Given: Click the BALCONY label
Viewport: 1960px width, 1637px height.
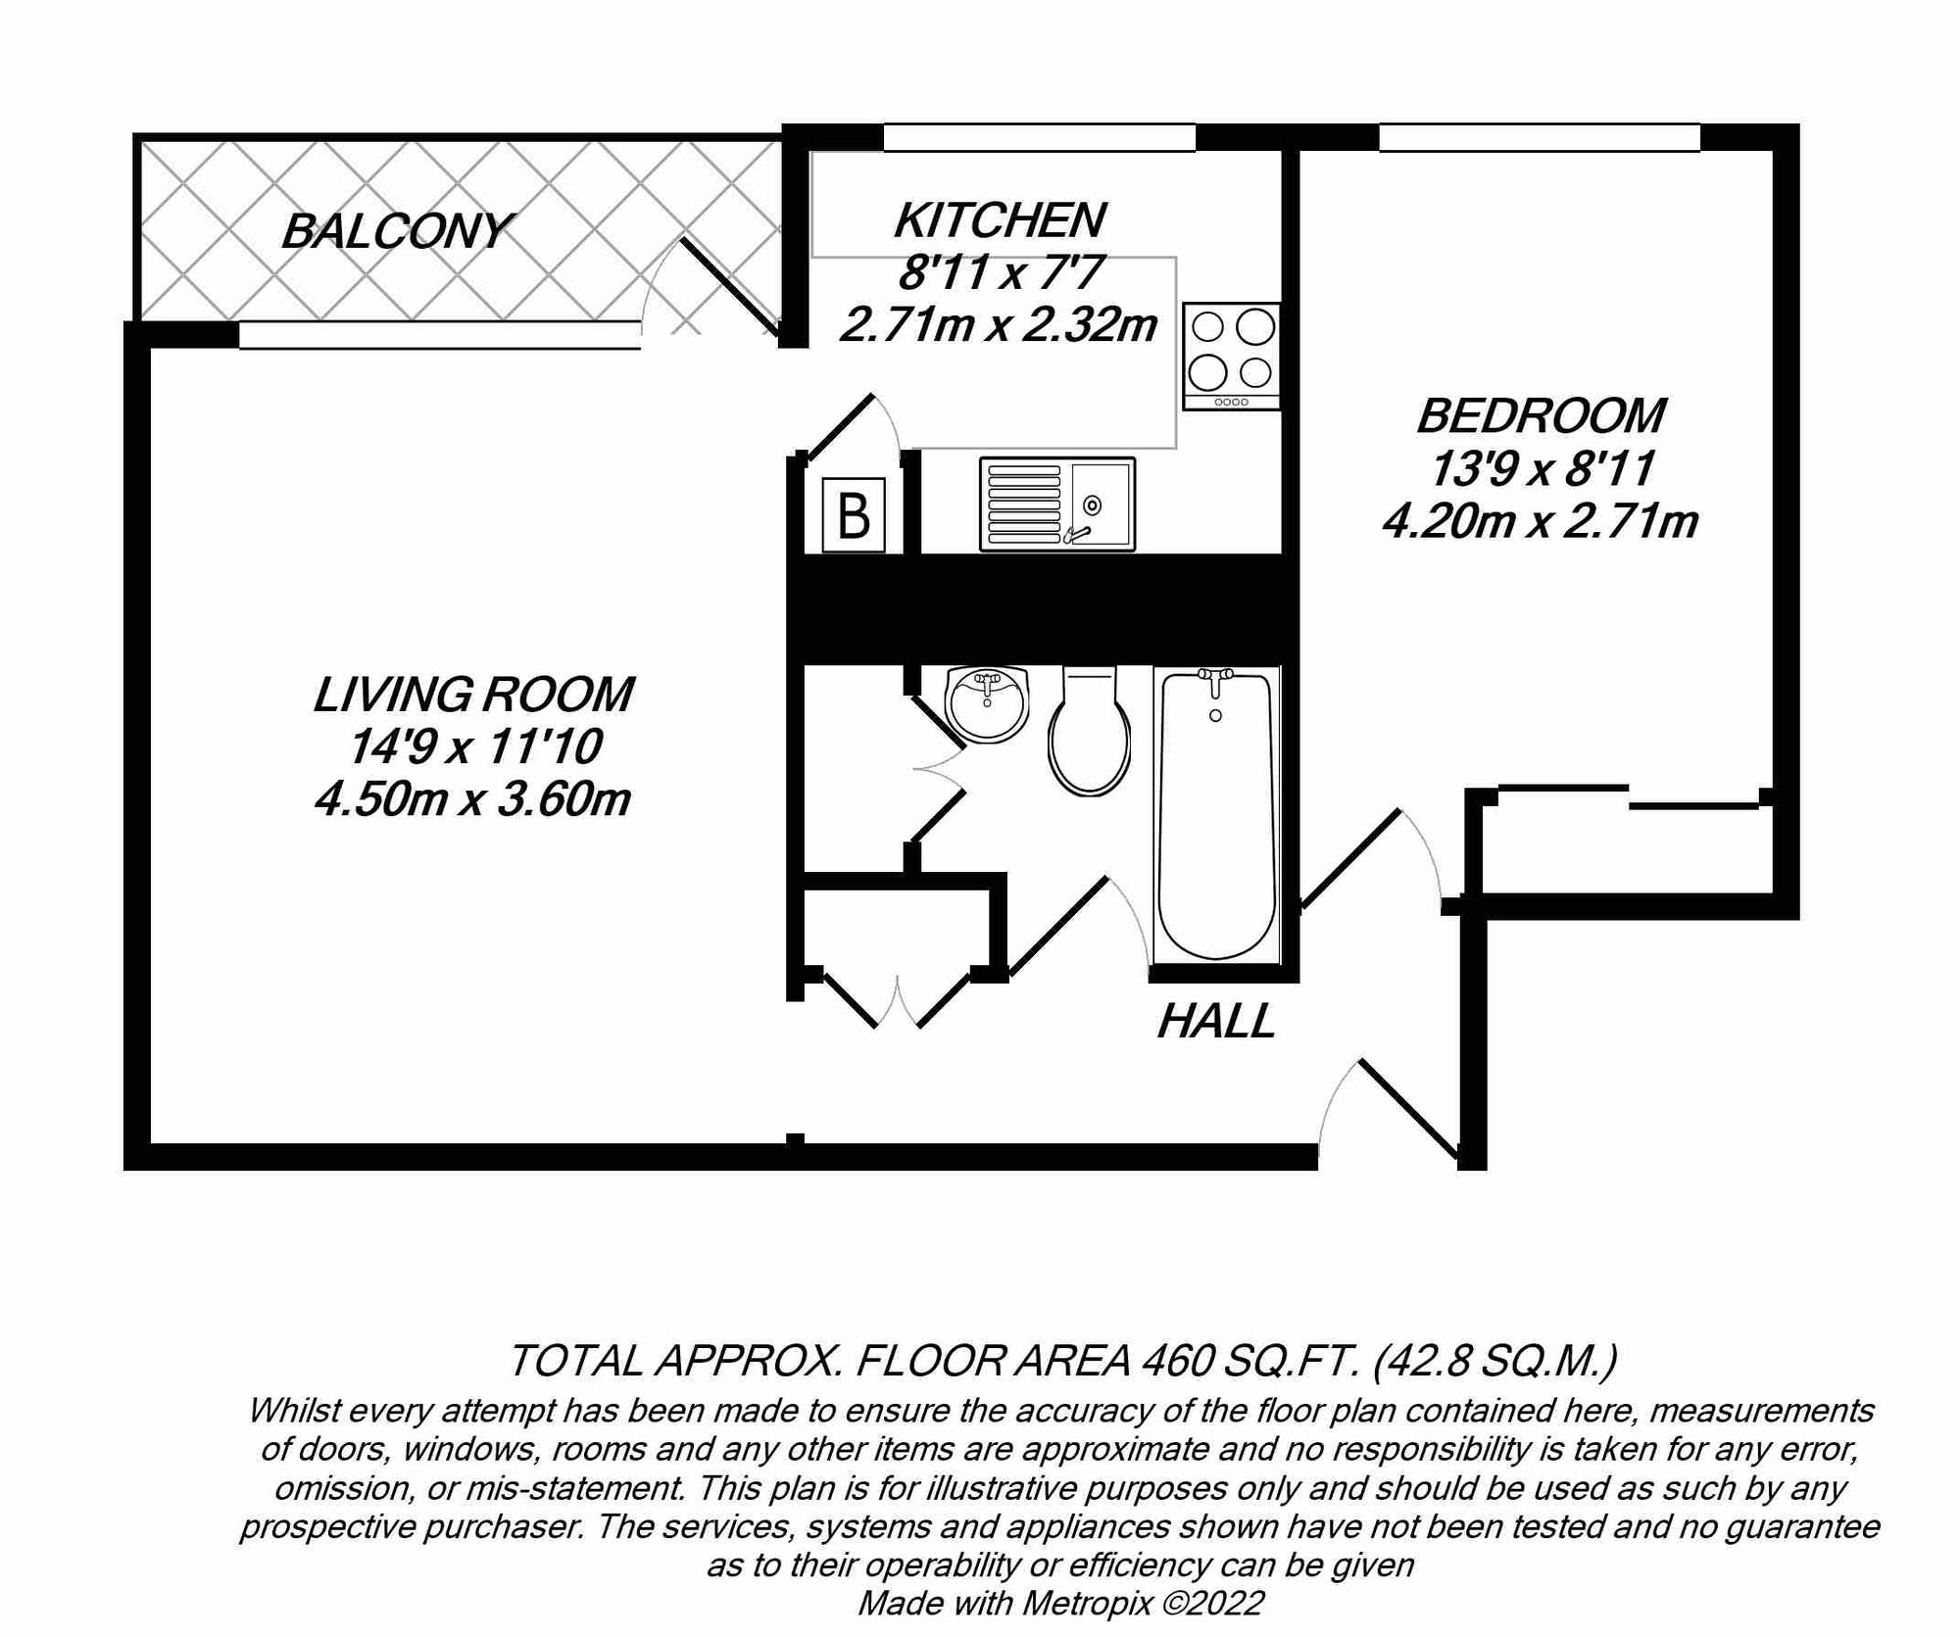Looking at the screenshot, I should (396, 231).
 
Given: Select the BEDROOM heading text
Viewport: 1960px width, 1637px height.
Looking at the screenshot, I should (1541, 415).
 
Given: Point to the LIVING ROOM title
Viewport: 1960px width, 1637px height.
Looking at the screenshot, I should (473, 695).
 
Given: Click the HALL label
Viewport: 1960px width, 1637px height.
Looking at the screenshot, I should (1216, 1022).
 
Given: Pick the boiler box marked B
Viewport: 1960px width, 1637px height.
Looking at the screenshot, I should (854, 515).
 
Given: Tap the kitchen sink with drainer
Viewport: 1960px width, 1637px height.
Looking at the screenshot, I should (1056, 505).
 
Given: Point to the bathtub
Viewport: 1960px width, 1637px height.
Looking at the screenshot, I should (1216, 813).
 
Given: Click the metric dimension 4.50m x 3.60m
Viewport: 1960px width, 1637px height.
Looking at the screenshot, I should (472, 800).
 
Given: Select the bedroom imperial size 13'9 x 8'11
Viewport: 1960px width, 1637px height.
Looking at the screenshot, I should (1542, 468).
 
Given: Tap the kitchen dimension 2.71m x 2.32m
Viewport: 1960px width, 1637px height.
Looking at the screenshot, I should (999, 324).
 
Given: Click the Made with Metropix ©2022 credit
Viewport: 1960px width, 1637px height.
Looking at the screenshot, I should (1060, 1604).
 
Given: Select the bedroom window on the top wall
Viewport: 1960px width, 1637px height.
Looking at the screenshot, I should (1539, 137).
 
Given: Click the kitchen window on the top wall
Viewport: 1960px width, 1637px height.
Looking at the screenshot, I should (1039, 137).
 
